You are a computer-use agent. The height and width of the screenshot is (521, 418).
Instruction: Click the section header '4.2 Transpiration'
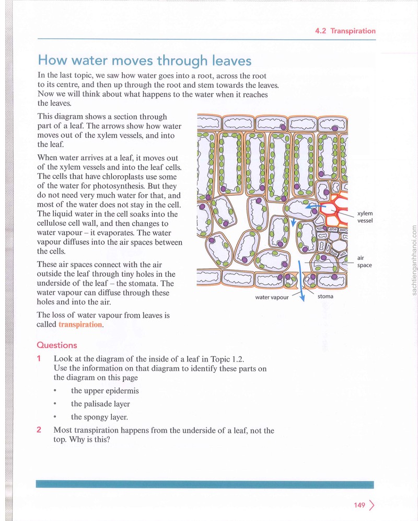(x=345, y=31)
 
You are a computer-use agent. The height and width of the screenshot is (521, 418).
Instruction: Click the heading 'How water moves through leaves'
(x=144, y=61)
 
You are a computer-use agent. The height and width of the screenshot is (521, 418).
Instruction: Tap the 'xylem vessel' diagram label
(x=365, y=217)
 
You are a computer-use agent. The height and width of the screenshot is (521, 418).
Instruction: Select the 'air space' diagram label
(x=364, y=262)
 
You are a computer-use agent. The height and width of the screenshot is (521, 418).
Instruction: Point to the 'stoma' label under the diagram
(x=325, y=297)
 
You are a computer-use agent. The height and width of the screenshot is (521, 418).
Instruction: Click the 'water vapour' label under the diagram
(x=272, y=298)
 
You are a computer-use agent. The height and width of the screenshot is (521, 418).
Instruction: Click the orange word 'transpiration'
(x=80, y=325)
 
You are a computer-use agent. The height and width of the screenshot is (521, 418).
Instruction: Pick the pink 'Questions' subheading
(x=57, y=345)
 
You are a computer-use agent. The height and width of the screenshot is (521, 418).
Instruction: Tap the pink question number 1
(x=39, y=358)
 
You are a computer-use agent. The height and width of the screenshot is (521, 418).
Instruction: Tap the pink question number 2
(x=39, y=429)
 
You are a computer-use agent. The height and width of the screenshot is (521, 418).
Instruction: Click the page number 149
(x=359, y=505)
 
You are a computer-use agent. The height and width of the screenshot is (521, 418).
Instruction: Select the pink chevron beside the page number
(x=371, y=505)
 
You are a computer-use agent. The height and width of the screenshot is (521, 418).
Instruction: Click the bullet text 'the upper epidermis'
(x=104, y=391)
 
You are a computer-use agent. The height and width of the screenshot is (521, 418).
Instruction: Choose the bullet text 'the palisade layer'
(x=100, y=404)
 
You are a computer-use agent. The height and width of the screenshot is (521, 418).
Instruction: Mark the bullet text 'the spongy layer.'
(x=99, y=417)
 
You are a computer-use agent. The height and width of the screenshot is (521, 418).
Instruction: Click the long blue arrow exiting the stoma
(x=301, y=281)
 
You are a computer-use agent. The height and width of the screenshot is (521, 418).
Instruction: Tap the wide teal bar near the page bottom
(x=204, y=484)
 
